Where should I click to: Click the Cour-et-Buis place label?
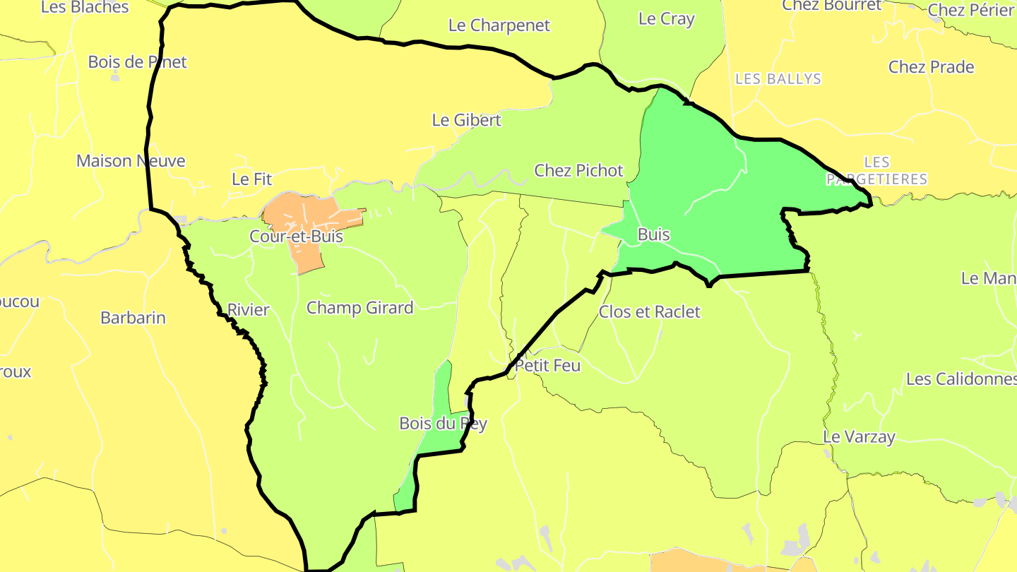[x=296, y=237]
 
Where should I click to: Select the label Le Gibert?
[x=466, y=120]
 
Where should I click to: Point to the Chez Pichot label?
[x=578, y=170]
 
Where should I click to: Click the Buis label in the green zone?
[x=653, y=234]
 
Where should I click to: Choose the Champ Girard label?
[x=359, y=308]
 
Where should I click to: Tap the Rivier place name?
[x=248, y=310]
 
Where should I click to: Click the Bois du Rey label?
[x=443, y=424]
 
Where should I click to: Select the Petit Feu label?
[x=547, y=366]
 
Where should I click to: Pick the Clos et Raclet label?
[x=649, y=311]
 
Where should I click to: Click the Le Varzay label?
[x=859, y=437]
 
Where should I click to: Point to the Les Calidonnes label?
[x=961, y=379]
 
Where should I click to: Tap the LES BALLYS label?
[x=778, y=79]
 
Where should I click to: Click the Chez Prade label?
[x=931, y=67]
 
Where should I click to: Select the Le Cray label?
[x=666, y=19]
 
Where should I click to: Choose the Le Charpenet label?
[x=499, y=25]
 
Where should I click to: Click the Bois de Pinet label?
[x=137, y=62]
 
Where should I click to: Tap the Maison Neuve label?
[x=131, y=161]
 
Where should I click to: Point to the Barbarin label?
[x=133, y=318]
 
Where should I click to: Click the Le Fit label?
[x=251, y=179]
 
